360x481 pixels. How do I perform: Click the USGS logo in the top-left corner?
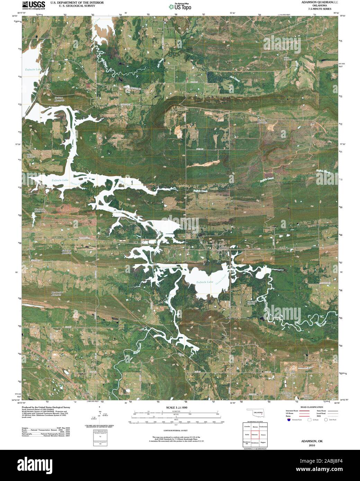33,5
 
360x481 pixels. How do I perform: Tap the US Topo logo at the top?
180,6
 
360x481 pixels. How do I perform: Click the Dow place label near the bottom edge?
87,393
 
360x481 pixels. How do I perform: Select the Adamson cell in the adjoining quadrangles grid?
255,434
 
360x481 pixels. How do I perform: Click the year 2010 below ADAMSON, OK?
312,446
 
